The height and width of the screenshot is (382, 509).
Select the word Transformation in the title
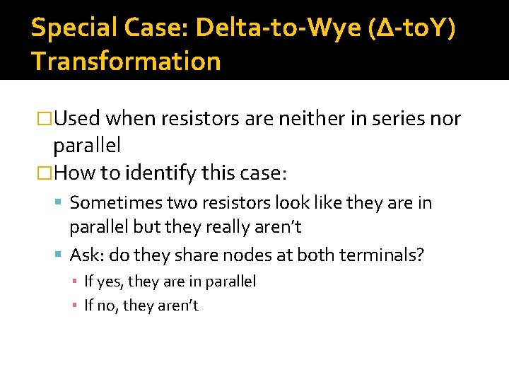127,62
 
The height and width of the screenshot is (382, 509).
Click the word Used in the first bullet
77,119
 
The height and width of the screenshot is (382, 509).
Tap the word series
385,119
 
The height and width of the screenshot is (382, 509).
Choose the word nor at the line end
445,119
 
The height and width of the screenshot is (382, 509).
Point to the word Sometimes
115,204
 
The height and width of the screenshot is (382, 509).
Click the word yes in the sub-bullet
108,282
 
